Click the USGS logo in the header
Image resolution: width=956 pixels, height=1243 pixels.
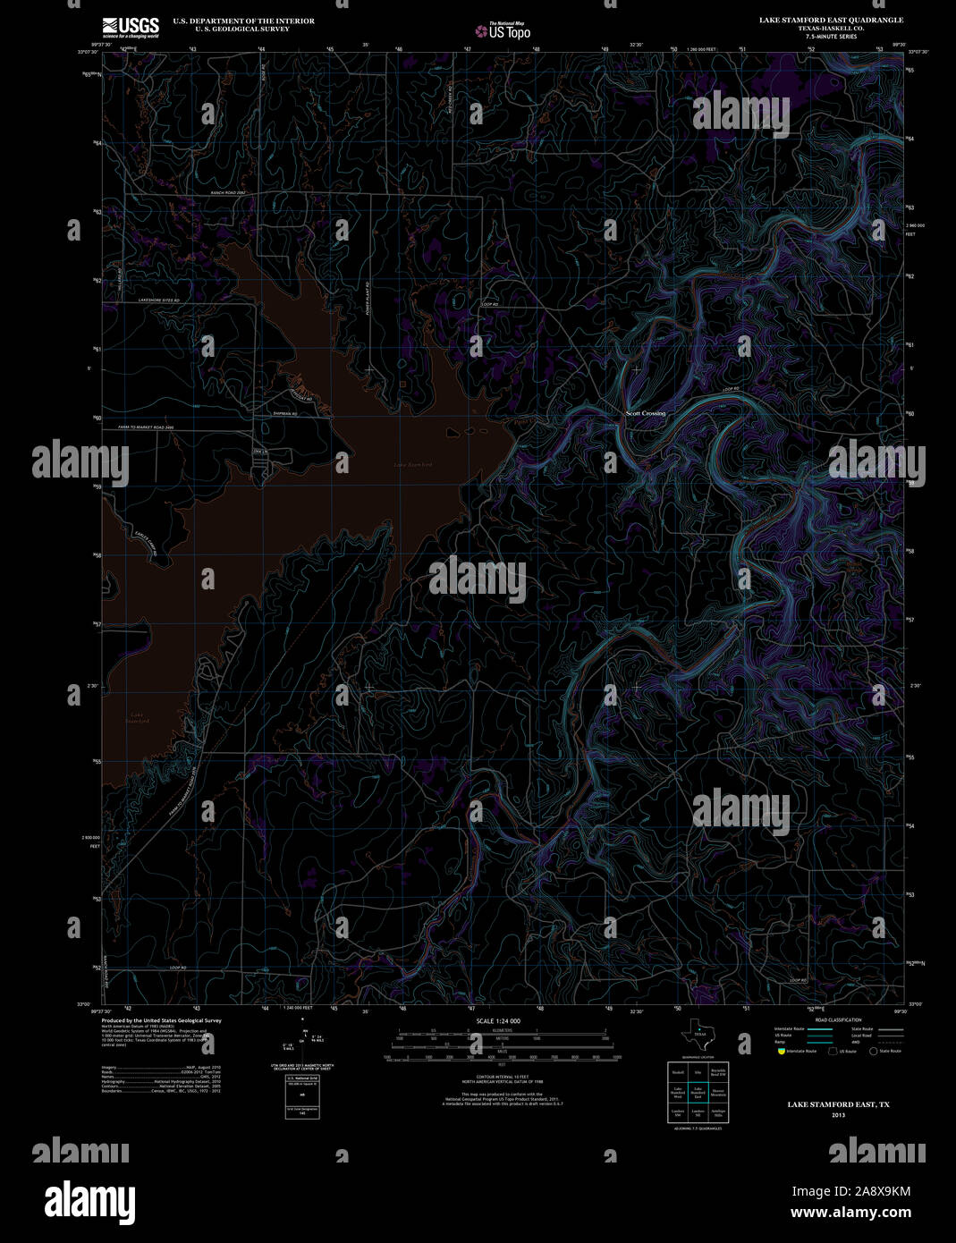[x=131, y=27]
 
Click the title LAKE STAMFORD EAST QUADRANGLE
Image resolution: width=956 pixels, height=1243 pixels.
[x=831, y=20]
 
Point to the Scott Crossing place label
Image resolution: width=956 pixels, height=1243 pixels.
[x=645, y=413]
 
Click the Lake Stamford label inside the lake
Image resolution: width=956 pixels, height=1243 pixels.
[x=413, y=465]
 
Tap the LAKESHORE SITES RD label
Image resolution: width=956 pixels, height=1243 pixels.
[x=157, y=300]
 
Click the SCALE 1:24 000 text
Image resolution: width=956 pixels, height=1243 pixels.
[x=498, y=1020]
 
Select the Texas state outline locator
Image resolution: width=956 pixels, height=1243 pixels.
[x=698, y=1037]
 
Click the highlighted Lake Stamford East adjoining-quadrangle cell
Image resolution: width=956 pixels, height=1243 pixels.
[x=698, y=1092]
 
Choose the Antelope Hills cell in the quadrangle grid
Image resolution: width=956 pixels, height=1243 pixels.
[x=718, y=1112]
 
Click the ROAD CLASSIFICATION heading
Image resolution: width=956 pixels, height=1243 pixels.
[x=838, y=1019]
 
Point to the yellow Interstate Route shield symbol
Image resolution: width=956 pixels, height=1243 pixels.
[x=781, y=1052]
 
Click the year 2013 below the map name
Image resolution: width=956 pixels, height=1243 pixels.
[x=838, y=1115]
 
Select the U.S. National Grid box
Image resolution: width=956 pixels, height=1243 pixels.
[x=302, y=1094]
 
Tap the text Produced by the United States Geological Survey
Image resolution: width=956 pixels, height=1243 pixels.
[x=161, y=1020]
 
